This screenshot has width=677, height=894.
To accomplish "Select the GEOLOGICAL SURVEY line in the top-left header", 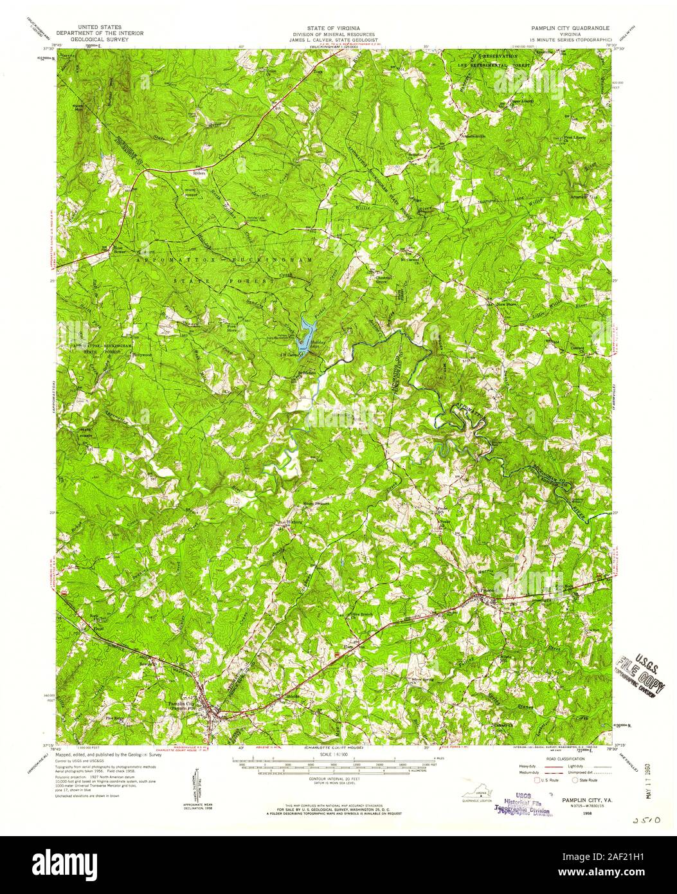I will point(99,39).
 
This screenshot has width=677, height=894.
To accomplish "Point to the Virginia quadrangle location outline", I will point(476,798).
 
